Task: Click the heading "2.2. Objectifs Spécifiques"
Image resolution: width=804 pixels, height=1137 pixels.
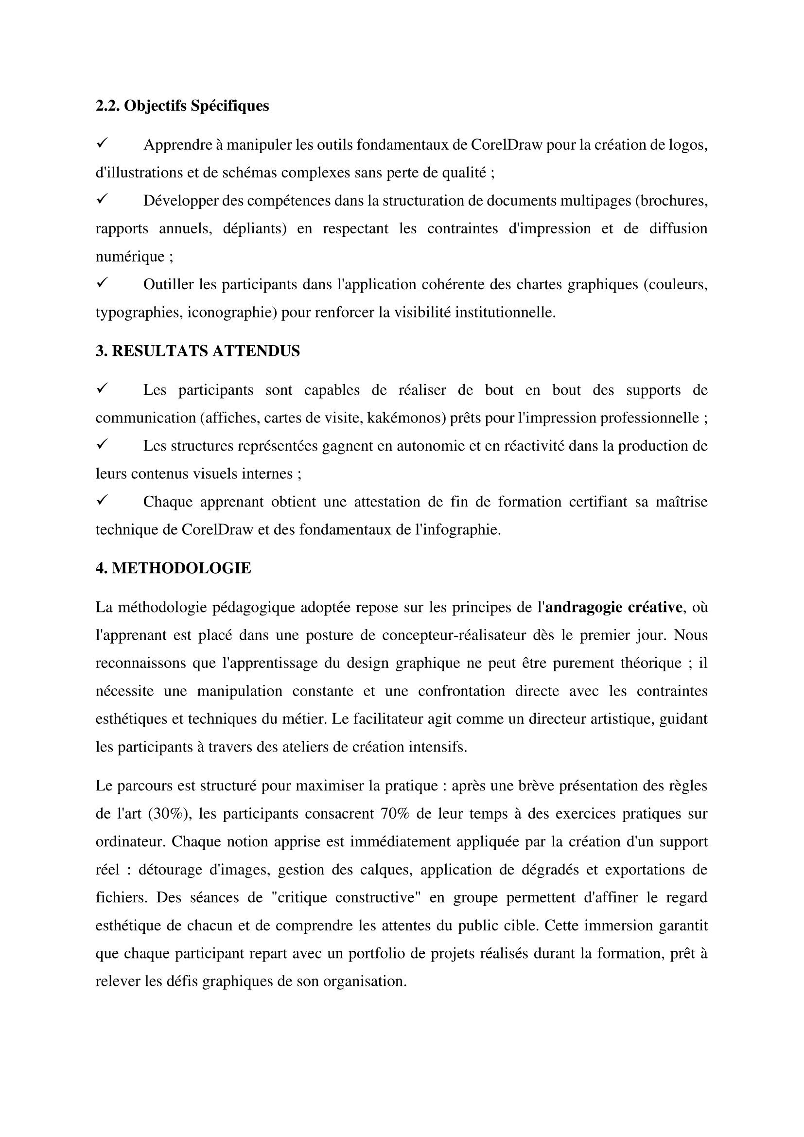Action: (x=182, y=106)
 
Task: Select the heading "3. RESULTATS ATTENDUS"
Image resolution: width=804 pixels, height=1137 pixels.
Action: (x=197, y=351)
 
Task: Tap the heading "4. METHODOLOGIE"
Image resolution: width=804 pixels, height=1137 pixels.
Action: (x=173, y=568)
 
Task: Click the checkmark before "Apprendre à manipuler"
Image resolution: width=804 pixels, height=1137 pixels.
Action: (x=103, y=143)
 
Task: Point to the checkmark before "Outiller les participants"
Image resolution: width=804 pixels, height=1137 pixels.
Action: (x=103, y=283)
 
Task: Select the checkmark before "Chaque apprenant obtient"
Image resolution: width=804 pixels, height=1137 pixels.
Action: (x=103, y=501)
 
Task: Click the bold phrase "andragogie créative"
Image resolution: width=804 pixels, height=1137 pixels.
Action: (x=613, y=607)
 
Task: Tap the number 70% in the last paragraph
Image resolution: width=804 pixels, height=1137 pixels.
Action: (x=395, y=814)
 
